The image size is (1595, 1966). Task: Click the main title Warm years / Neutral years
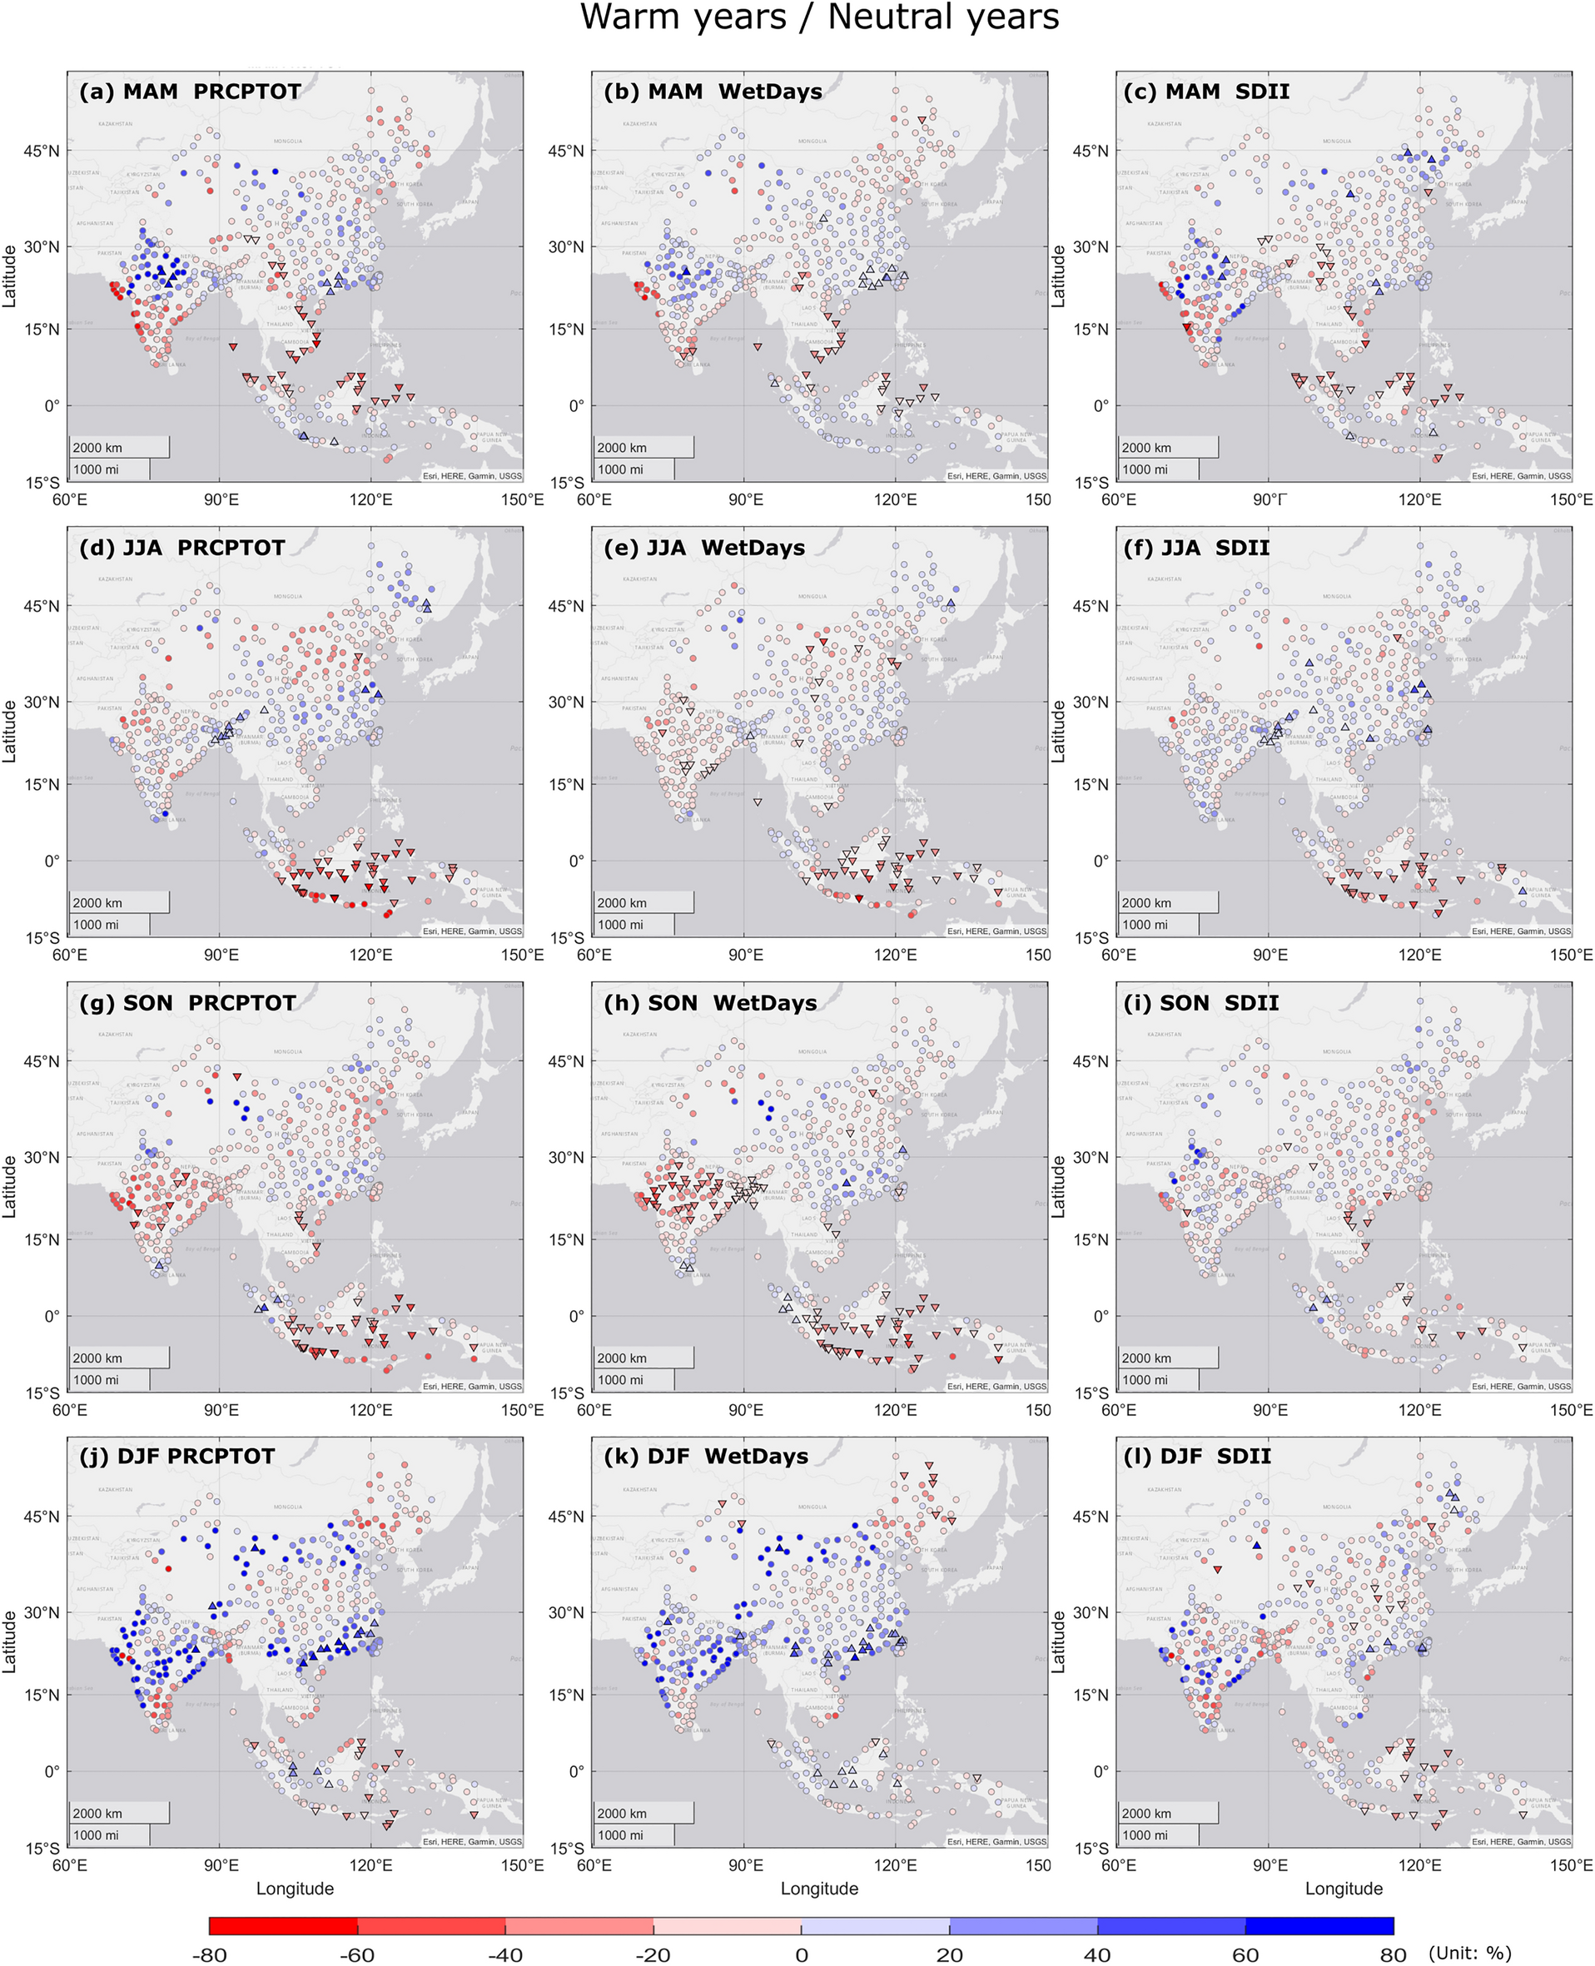pos(818,17)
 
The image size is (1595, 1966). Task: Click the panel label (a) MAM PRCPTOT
pos(190,92)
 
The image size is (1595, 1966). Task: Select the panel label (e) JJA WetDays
pos(703,548)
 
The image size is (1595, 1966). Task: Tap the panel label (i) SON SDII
pos(1201,1002)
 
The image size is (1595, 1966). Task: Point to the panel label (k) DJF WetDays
pos(706,1456)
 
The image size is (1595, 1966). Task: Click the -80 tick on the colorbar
pos(210,1954)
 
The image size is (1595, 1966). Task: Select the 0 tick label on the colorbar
pos(801,1954)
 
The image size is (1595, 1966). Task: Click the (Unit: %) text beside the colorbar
pos(1469,1952)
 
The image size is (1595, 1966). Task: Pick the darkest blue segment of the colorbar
pos(1319,1925)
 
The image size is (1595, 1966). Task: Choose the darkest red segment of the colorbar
pos(283,1925)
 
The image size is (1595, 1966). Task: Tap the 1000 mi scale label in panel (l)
pos(1144,1834)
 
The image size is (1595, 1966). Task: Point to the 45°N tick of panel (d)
pos(42,606)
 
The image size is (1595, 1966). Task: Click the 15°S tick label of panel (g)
pos(42,1393)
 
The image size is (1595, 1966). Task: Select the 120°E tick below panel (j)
pos(371,1865)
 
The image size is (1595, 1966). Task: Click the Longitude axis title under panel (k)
pos(819,1889)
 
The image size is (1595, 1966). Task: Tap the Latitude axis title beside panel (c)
pos(1058,276)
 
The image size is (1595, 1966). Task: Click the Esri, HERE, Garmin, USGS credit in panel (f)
pos(1521,931)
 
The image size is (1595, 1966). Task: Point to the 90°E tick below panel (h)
pos(746,1410)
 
